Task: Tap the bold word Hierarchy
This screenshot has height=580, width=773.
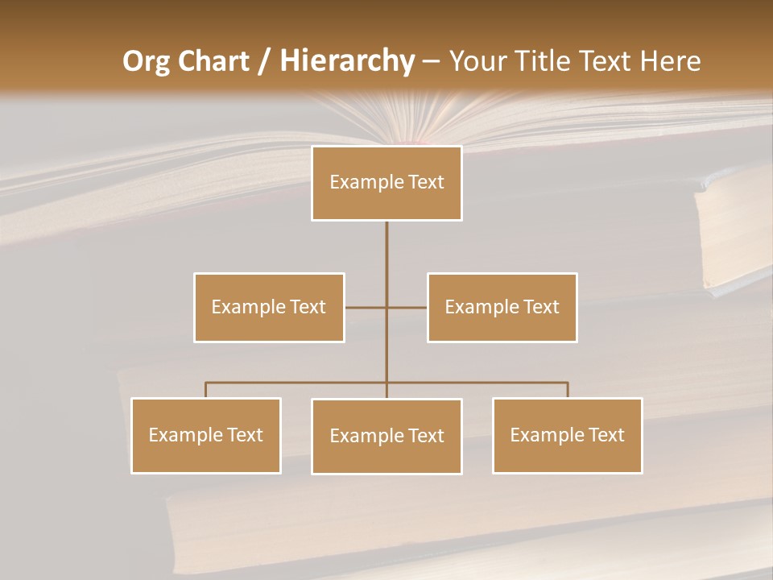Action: (x=346, y=61)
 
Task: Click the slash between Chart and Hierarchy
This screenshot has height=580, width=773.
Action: (x=264, y=62)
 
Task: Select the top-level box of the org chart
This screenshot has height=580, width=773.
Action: (x=386, y=183)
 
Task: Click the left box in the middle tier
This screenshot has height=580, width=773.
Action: (x=269, y=307)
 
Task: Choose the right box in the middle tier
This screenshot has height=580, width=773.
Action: (x=502, y=307)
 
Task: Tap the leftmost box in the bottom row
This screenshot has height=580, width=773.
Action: (x=205, y=435)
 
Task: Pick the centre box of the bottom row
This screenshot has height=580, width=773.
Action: (x=386, y=436)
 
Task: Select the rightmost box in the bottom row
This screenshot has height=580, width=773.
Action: (x=567, y=435)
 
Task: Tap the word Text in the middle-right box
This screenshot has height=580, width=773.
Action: (x=540, y=307)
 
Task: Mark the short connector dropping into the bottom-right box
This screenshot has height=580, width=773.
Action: (x=568, y=390)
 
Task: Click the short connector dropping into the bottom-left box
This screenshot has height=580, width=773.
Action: (x=205, y=390)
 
